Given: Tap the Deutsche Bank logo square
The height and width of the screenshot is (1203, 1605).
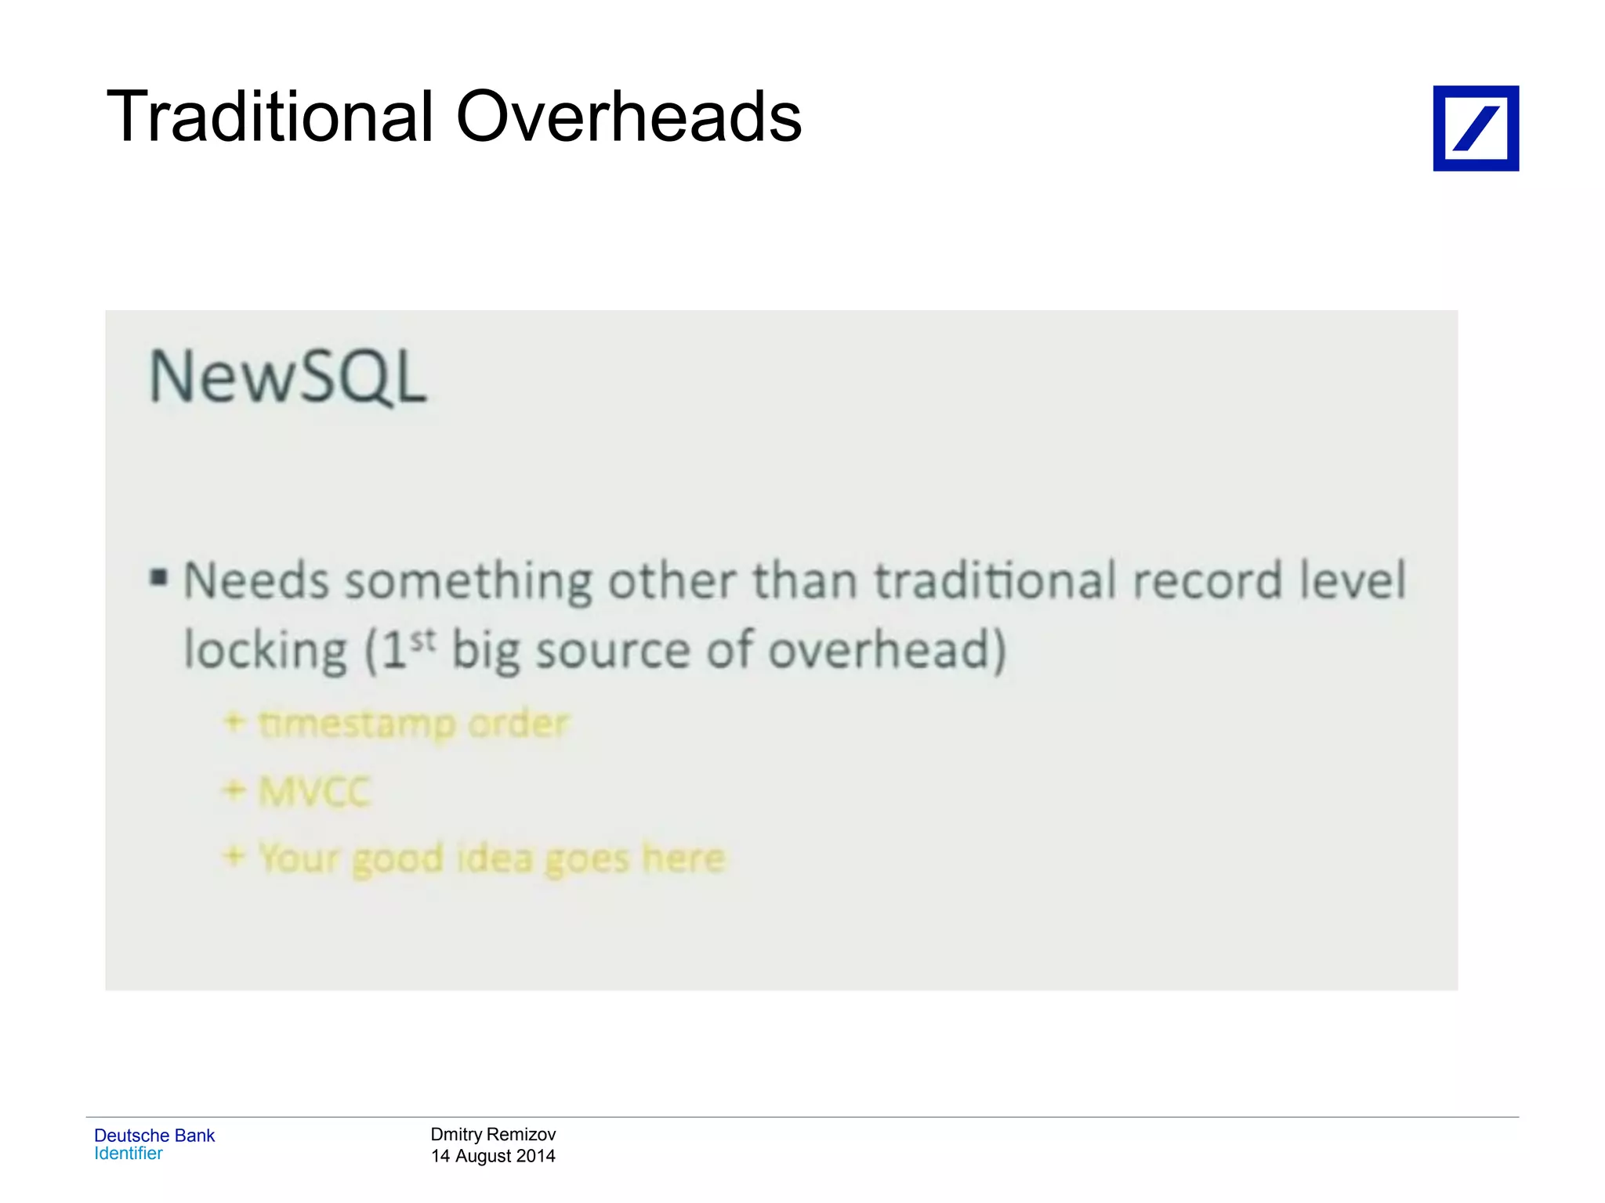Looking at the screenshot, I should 1476,128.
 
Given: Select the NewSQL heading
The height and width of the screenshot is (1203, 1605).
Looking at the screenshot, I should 288,378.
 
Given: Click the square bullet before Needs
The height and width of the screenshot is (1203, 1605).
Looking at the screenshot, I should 159,579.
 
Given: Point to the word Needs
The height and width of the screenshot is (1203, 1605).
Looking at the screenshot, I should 256,582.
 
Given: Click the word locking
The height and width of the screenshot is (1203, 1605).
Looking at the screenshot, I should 265,652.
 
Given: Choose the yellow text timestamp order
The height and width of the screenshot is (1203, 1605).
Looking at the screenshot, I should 414,724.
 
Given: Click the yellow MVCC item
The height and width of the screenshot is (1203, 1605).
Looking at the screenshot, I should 314,792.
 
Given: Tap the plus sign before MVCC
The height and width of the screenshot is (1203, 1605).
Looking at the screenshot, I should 234,790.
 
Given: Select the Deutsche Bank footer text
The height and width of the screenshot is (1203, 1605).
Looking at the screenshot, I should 154,1136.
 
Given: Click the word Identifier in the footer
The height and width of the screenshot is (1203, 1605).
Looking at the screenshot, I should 129,1154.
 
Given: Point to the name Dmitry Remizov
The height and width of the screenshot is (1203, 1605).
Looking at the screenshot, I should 493,1134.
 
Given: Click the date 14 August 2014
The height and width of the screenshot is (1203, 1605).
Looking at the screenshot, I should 493,1156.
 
